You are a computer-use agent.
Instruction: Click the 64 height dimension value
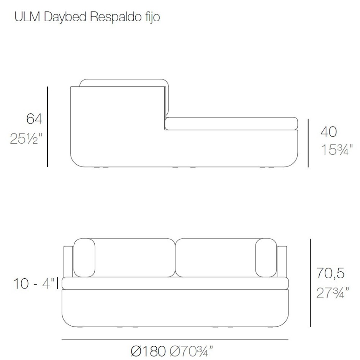tap(34, 119)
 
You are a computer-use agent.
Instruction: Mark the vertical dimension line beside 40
tap(308, 143)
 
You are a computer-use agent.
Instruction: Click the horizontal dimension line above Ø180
tap(175, 339)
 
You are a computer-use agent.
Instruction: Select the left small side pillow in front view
tap(84, 258)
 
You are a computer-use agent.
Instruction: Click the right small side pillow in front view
tap(266, 258)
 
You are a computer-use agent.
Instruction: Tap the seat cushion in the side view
tap(231, 123)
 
